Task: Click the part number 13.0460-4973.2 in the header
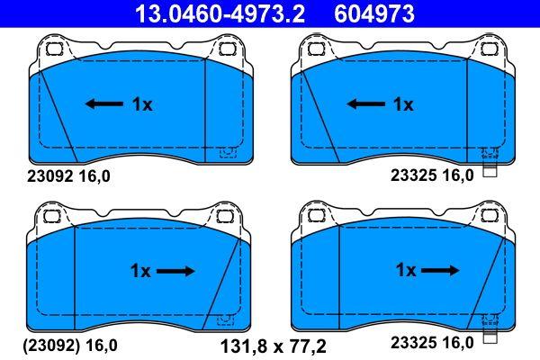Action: point(220,13)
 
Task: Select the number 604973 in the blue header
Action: point(374,13)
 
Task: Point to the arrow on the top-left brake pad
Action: point(104,103)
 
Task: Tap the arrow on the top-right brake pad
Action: point(366,103)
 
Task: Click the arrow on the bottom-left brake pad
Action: point(175,271)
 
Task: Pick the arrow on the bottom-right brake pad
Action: point(440,270)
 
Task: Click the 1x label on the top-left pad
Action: point(142,104)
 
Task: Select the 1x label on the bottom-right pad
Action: point(407,270)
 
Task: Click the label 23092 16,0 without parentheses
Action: point(68,176)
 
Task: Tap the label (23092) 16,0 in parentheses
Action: point(70,346)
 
